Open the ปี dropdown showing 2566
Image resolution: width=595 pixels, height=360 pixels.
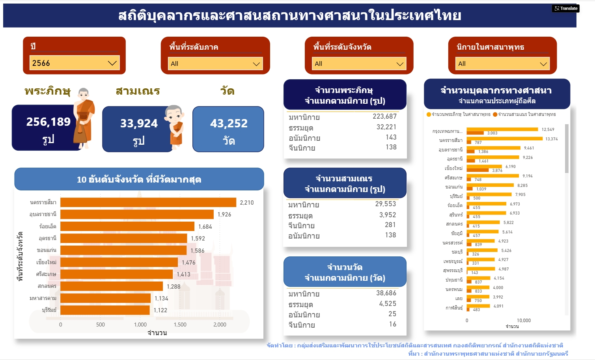[74, 63]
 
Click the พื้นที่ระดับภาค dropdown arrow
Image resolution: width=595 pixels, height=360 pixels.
[256, 64]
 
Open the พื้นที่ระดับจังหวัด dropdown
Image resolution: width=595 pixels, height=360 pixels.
[359, 64]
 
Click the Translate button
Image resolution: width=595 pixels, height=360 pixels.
[566, 8]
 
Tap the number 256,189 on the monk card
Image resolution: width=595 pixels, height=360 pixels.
[48, 122]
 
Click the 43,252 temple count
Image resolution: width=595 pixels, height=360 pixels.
[229, 123]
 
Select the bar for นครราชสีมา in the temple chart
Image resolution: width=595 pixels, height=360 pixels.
[148, 202]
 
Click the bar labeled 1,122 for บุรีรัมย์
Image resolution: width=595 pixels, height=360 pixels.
[105, 310]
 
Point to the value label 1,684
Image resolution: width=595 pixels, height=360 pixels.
[205, 227]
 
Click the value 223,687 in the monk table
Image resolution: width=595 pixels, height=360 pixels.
[384, 116]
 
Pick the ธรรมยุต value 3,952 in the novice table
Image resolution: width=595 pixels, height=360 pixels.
[388, 215]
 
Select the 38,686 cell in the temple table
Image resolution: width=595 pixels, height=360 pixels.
[386, 293]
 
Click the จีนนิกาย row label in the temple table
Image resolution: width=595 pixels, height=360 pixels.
[302, 325]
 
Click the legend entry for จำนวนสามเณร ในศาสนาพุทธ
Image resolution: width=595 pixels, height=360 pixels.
[524, 114]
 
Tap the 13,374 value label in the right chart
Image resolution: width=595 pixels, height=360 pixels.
[551, 139]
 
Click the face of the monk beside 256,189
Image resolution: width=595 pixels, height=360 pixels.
[83, 95]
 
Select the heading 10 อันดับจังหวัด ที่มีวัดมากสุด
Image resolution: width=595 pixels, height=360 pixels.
[139, 180]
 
